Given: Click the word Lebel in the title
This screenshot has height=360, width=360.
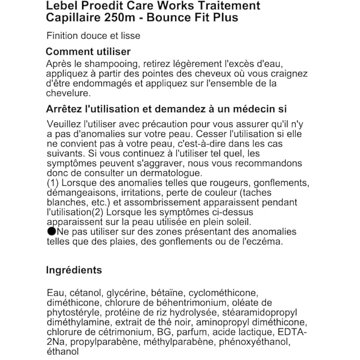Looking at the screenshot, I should pyautogui.click(x=62, y=6).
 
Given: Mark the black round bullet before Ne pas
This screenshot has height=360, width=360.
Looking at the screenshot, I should pyautogui.click(x=51, y=231).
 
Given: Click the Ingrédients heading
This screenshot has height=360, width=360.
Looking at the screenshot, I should pyautogui.click(x=74, y=270).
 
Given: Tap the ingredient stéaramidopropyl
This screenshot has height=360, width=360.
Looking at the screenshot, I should pyautogui.click(x=264, y=313).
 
